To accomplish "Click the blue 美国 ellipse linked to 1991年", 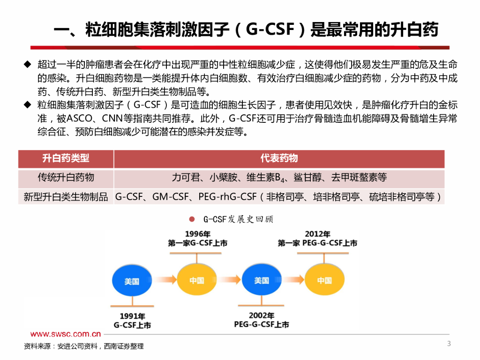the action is (x=132, y=281).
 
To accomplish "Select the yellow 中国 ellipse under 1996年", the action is (x=197, y=280).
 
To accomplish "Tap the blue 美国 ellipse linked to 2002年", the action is (x=262, y=280).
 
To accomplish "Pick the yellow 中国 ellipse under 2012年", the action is (x=324, y=280).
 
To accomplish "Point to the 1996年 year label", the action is (x=197, y=234).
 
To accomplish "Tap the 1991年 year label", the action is (x=132, y=316).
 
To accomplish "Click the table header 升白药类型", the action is (x=66, y=158).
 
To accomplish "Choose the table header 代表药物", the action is (x=279, y=158).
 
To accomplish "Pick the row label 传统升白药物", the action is (x=66, y=178).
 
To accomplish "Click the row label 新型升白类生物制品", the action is (x=66, y=197).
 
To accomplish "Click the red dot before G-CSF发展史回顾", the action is (x=191, y=219).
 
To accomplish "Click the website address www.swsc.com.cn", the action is (x=66, y=334).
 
